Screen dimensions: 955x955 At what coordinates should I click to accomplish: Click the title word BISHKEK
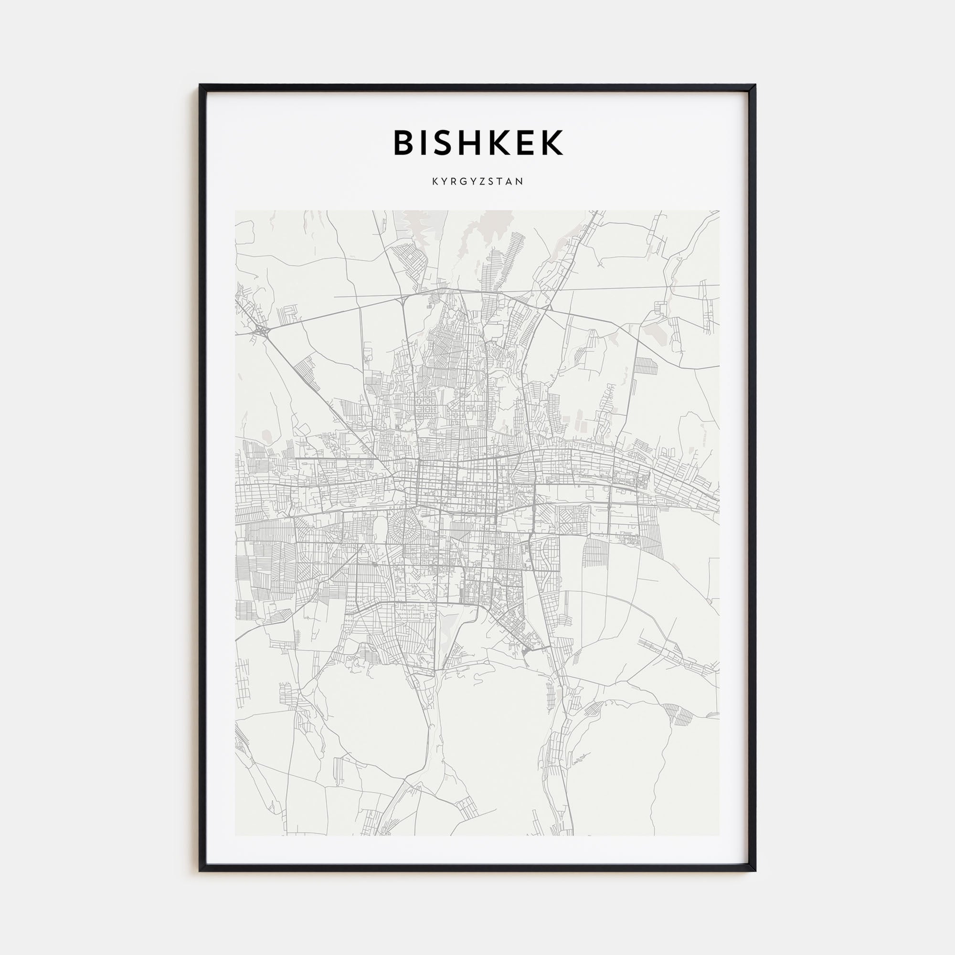point(477,143)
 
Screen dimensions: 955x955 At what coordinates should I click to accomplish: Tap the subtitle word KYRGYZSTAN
point(477,181)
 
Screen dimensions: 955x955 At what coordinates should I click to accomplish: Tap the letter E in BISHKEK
point(525,143)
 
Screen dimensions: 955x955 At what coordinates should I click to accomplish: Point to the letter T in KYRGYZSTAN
point(501,181)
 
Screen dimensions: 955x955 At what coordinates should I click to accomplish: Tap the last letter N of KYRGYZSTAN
point(520,181)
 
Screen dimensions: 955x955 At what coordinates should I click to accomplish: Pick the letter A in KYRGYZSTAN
point(510,181)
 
